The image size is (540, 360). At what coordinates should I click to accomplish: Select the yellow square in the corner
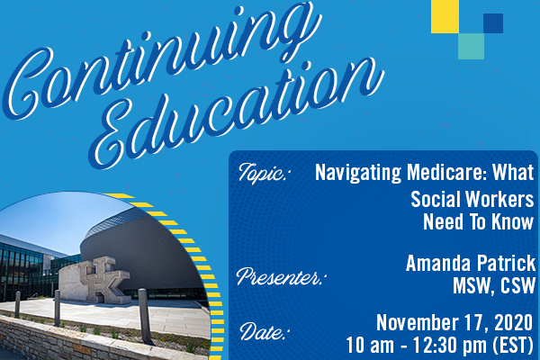point(445,16)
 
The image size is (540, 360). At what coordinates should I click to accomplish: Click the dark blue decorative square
point(493,23)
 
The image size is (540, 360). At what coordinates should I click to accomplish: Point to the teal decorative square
point(471,46)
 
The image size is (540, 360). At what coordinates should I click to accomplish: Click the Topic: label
point(263,173)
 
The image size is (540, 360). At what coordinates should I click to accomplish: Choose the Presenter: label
point(279,276)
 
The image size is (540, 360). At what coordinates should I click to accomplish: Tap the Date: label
point(263,331)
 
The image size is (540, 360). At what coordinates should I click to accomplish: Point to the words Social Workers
point(472,200)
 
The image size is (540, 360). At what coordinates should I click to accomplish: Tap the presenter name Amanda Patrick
point(471,263)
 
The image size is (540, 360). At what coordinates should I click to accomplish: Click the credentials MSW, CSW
point(494,285)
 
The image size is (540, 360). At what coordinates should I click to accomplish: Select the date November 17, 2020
point(454,323)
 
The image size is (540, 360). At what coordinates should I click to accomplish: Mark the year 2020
point(514,323)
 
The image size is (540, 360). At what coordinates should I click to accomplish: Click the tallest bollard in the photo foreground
point(145,316)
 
